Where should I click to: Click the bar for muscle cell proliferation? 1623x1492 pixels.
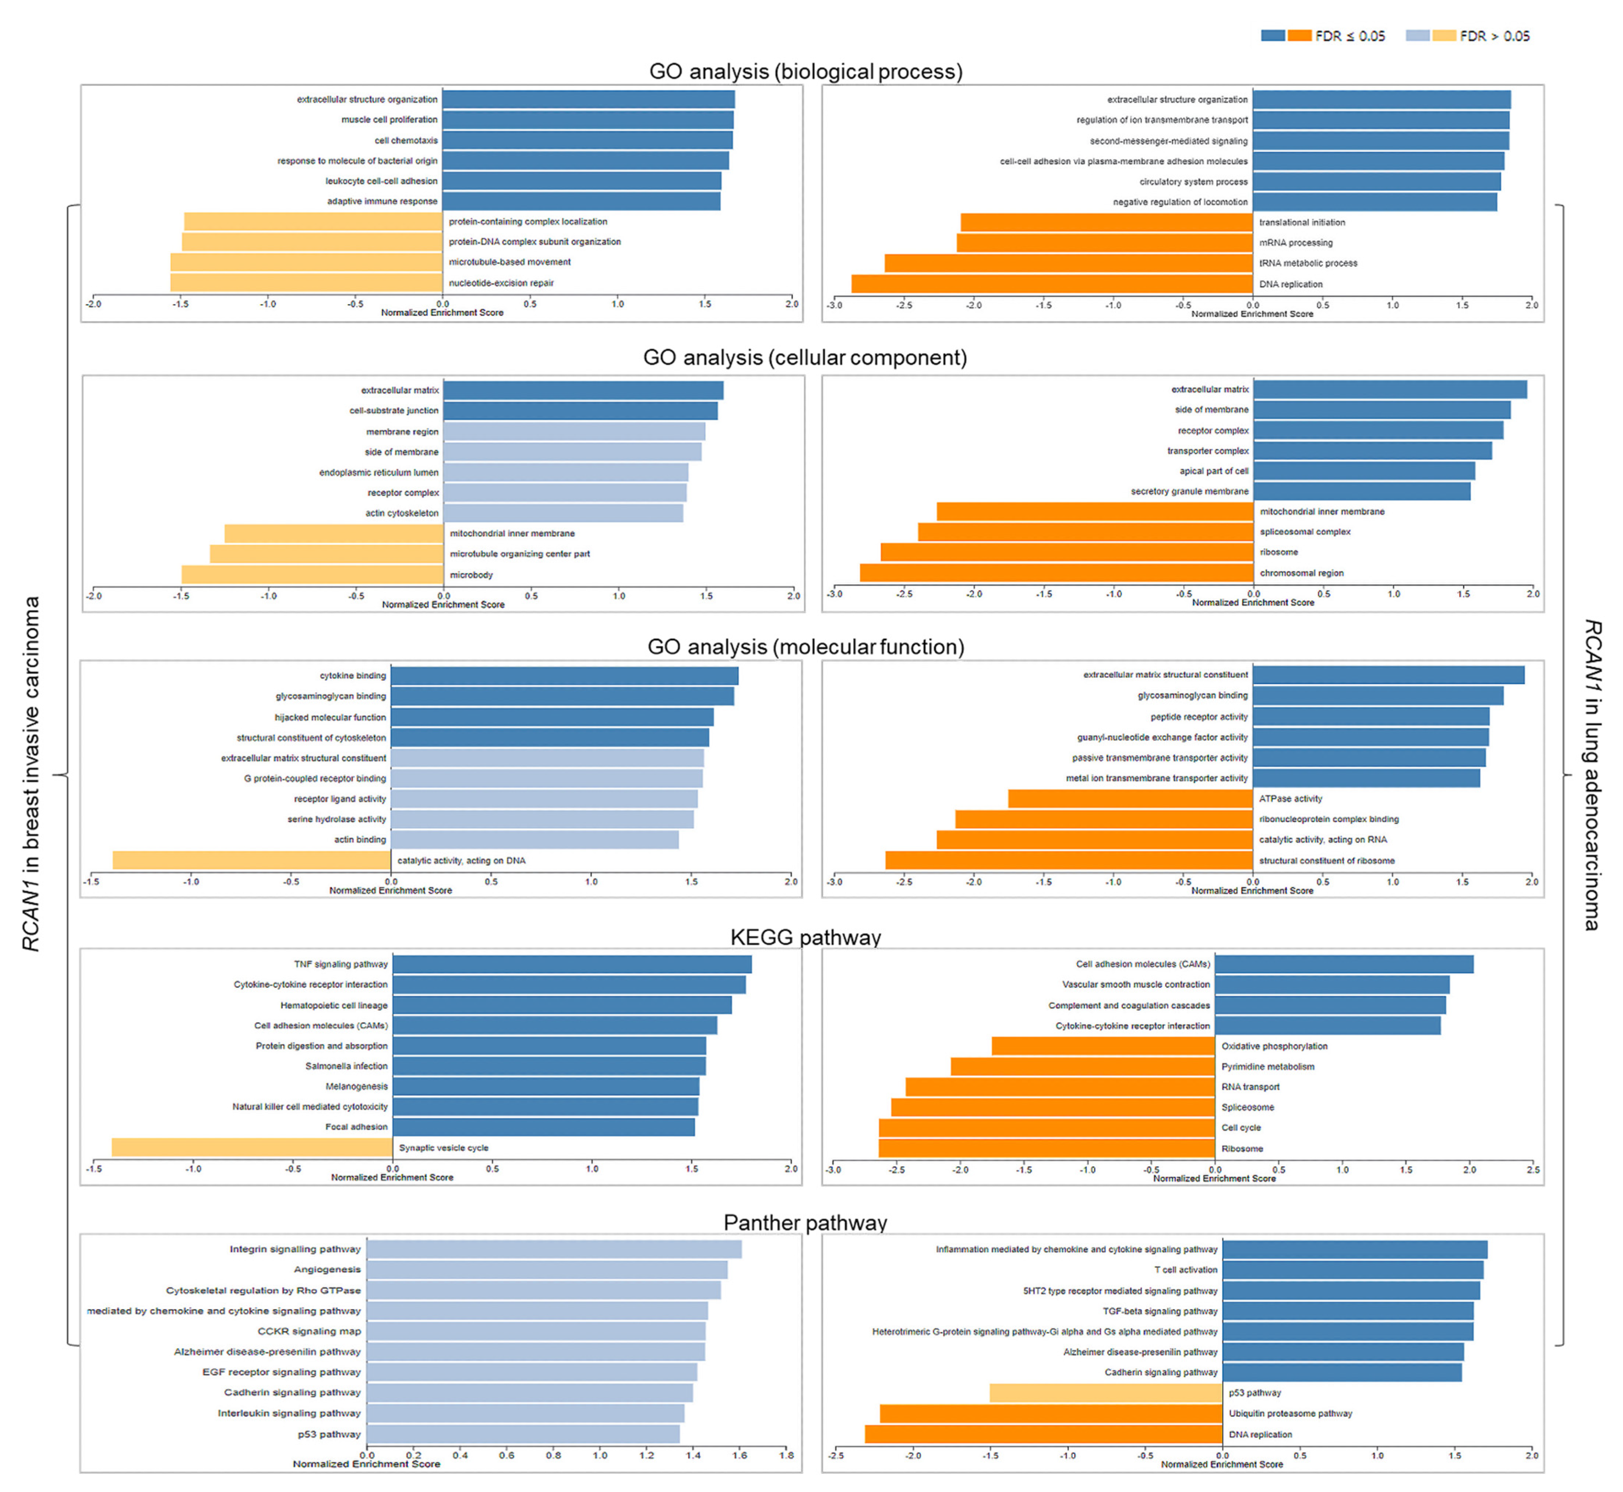(588, 120)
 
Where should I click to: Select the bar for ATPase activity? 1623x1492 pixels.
(1130, 798)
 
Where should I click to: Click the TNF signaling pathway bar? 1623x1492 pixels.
(572, 964)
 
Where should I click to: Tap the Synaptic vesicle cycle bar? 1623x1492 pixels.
(252, 1147)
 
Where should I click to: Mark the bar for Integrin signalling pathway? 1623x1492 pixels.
(554, 1249)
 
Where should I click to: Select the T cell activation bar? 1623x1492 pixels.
(1352, 1270)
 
